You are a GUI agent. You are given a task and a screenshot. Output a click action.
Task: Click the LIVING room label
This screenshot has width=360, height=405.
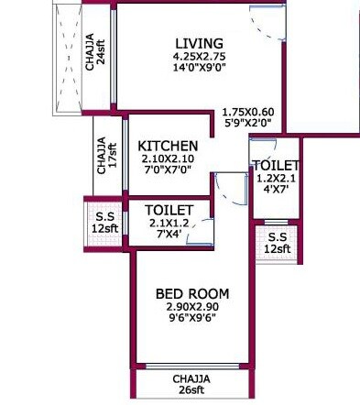[x=199, y=43]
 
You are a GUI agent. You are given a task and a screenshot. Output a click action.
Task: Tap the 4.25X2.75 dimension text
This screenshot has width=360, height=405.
[x=199, y=57]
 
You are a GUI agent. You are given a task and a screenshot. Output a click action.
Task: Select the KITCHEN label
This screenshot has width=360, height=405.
[x=168, y=146]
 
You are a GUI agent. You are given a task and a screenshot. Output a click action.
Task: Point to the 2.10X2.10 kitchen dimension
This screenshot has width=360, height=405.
[x=169, y=159]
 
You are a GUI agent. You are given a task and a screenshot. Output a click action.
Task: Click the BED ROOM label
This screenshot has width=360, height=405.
[x=192, y=293]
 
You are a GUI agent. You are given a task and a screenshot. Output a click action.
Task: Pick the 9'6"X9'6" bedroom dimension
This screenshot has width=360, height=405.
[x=192, y=320]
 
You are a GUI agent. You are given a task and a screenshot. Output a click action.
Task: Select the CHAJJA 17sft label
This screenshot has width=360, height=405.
[x=106, y=157]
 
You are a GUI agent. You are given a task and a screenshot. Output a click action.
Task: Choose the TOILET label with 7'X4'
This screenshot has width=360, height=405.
[x=168, y=210]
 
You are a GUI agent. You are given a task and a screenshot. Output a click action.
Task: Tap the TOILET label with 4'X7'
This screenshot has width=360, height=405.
[x=276, y=165]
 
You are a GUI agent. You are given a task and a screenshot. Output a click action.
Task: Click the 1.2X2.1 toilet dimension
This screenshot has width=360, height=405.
[x=276, y=179]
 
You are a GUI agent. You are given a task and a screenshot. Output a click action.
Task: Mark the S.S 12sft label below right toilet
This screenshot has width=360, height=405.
[x=276, y=243]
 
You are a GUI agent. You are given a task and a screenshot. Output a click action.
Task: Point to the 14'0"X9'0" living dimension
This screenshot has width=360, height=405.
[x=199, y=69]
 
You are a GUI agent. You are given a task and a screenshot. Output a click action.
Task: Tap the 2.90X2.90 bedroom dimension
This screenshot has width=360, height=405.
[x=192, y=307]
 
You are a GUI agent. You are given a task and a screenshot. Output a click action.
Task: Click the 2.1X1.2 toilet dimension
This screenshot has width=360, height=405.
[x=168, y=223]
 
